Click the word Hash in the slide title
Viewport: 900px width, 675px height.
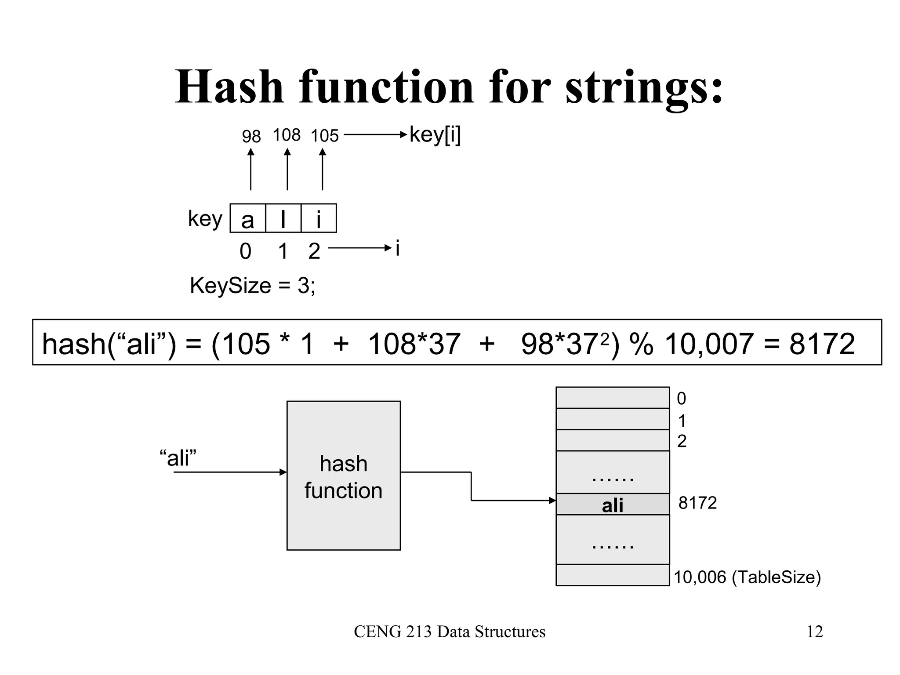pyautogui.click(x=229, y=87)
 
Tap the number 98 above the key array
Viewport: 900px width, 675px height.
pyautogui.click(x=251, y=137)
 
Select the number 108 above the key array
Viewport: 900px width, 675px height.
pyautogui.click(x=287, y=135)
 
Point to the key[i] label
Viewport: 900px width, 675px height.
pyautogui.click(x=435, y=134)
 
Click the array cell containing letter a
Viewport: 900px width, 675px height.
pyautogui.click(x=248, y=218)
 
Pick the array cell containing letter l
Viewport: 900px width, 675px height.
pyautogui.click(x=283, y=218)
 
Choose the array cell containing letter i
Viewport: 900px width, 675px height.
pyautogui.click(x=319, y=218)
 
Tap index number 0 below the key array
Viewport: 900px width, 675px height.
pyautogui.click(x=245, y=251)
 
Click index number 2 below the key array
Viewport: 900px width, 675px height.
pyautogui.click(x=314, y=251)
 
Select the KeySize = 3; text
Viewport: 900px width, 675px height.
pyautogui.click(x=252, y=286)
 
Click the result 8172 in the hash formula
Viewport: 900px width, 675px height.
pyautogui.click(x=822, y=344)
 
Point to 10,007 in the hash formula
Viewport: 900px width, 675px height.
pyautogui.click(x=709, y=344)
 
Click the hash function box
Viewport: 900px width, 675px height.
pyautogui.click(x=343, y=475)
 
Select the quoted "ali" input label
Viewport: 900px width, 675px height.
pyautogui.click(x=178, y=458)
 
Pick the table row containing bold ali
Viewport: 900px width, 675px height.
pyautogui.click(x=612, y=504)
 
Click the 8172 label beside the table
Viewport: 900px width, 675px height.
pyautogui.click(x=697, y=503)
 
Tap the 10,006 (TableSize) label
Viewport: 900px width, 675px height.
pyautogui.click(x=747, y=577)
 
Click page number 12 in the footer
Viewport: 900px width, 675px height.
pyautogui.click(x=814, y=631)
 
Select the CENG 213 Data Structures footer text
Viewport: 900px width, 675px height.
pyautogui.click(x=450, y=631)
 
